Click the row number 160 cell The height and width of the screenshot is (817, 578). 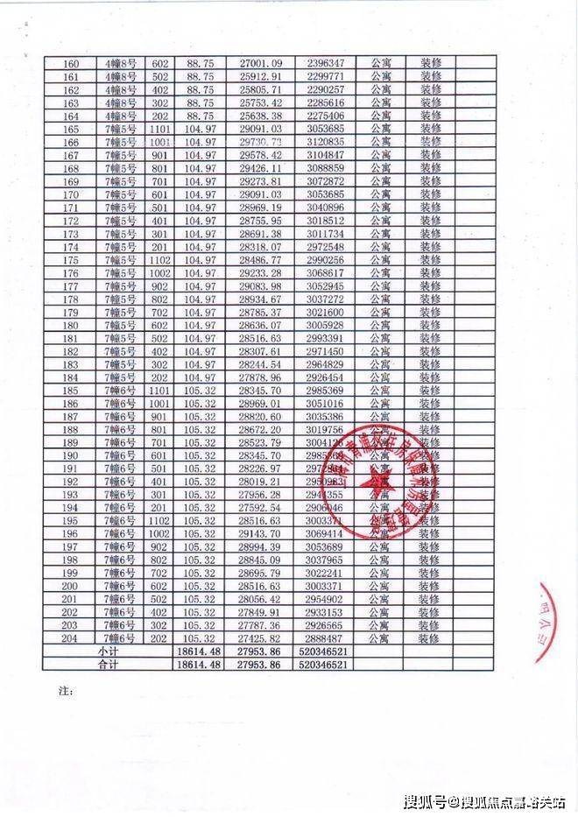tap(72, 63)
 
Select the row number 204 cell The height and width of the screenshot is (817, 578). tap(72, 638)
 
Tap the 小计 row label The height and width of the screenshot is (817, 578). tap(108, 652)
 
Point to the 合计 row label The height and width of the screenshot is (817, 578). tap(108, 666)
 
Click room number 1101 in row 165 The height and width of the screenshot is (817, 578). tap(159, 129)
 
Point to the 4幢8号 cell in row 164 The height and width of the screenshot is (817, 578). tap(120, 116)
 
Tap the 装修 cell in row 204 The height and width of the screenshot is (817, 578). tap(429, 638)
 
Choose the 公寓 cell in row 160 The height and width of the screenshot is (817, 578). tap(381, 63)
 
